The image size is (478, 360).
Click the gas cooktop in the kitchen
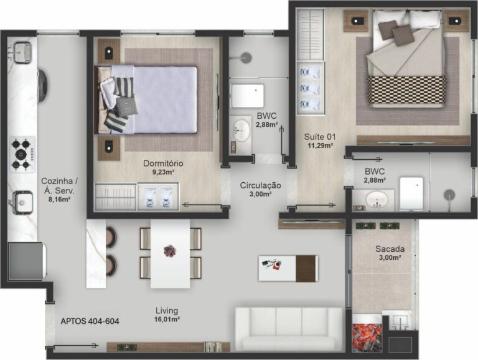coord(22,154)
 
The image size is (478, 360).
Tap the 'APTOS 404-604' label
coord(90,321)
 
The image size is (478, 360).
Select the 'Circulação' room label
coord(260,185)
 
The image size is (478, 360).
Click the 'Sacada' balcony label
coord(390,249)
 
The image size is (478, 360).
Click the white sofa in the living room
coord(289,329)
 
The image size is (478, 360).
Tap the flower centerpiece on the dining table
coord(170,251)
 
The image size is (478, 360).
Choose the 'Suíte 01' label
coord(320,137)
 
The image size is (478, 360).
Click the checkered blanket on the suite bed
coord(406,90)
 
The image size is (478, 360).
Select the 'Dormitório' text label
coord(163,164)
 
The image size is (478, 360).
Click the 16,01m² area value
coord(167,320)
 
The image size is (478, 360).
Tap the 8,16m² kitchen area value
coord(59,200)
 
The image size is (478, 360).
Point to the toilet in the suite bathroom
coord(411,193)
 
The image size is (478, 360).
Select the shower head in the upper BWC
coord(245,58)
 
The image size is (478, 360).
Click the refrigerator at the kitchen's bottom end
coord(26,261)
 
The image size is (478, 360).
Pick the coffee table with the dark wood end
coord(288,269)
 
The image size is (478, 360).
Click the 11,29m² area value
coord(320,145)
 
